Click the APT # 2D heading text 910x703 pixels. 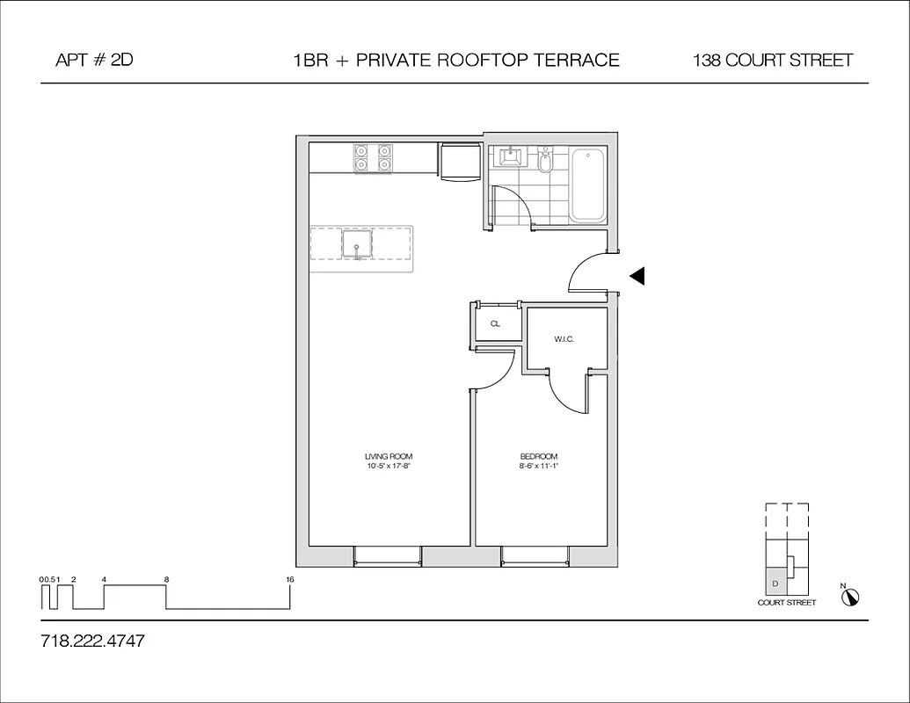[x=94, y=61]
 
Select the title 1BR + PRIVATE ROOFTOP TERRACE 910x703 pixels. [x=456, y=61]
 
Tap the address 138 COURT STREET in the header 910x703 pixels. [x=772, y=61]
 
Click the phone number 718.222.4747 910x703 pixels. [x=92, y=641]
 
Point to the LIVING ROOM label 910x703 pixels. [x=389, y=457]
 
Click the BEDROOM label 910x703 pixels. [x=539, y=457]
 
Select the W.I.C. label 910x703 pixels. [x=564, y=339]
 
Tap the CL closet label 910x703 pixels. [x=495, y=323]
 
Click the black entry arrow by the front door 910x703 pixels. [x=637, y=276]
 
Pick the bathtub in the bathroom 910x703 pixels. [x=588, y=185]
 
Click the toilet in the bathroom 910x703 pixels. [x=545, y=161]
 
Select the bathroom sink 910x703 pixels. [x=510, y=157]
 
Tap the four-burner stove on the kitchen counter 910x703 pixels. [x=372, y=157]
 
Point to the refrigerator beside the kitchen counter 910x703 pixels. [x=458, y=161]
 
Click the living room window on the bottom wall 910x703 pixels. [x=388, y=556]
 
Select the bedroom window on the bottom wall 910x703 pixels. [x=535, y=556]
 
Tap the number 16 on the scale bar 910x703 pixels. [x=289, y=580]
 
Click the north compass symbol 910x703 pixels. [x=849, y=598]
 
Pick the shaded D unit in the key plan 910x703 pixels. [x=775, y=582]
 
